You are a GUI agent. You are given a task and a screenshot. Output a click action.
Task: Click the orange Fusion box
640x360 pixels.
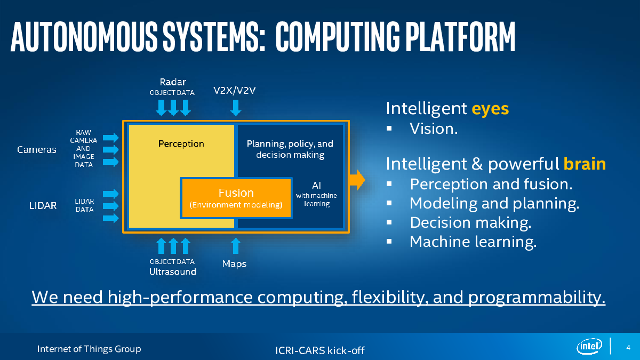[236, 198]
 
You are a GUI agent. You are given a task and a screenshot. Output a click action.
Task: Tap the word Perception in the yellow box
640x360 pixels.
[181, 143]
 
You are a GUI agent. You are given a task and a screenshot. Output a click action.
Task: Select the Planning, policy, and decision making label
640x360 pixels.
[290, 149]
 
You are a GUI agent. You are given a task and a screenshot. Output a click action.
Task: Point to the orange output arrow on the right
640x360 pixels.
[357, 180]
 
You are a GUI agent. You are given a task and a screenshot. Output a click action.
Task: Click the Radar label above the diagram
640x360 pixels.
[173, 82]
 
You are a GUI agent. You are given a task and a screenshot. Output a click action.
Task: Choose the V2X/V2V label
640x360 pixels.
[234, 91]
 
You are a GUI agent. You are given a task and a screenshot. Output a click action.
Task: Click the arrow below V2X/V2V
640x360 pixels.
[236, 108]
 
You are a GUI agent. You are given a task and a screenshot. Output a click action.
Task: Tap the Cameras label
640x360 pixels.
[37, 149]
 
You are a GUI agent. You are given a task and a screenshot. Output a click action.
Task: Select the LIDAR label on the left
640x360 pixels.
[43, 205]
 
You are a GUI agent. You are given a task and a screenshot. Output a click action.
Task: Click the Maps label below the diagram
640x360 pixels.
[234, 263]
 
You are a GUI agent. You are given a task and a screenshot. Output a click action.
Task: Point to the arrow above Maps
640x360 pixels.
[236, 246]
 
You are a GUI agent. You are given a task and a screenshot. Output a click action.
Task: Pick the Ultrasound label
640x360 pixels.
[173, 271]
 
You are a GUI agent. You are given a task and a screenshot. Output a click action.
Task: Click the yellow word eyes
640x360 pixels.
[490, 109]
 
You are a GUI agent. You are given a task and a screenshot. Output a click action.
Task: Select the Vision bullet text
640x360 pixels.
[434, 129]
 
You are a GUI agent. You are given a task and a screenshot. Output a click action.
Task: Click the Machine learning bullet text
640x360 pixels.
[473, 242]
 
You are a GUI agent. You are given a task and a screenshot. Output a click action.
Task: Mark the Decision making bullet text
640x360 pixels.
[470, 222]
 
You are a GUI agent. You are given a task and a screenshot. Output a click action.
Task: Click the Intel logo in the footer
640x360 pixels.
[589, 346]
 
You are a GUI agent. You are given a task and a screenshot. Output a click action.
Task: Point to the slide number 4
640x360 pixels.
[628, 347]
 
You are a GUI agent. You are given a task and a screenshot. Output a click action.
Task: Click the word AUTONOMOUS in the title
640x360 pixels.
[84, 37]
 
